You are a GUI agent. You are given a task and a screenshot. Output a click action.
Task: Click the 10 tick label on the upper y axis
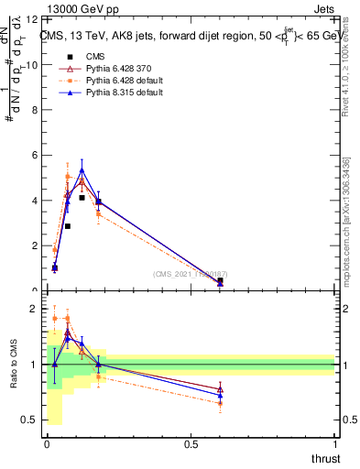(33, 64)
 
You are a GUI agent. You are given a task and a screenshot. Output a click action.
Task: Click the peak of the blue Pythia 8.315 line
(82, 170)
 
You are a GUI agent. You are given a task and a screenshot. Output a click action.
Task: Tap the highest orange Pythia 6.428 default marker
(68, 177)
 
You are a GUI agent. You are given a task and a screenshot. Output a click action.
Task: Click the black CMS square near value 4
(82, 198)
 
